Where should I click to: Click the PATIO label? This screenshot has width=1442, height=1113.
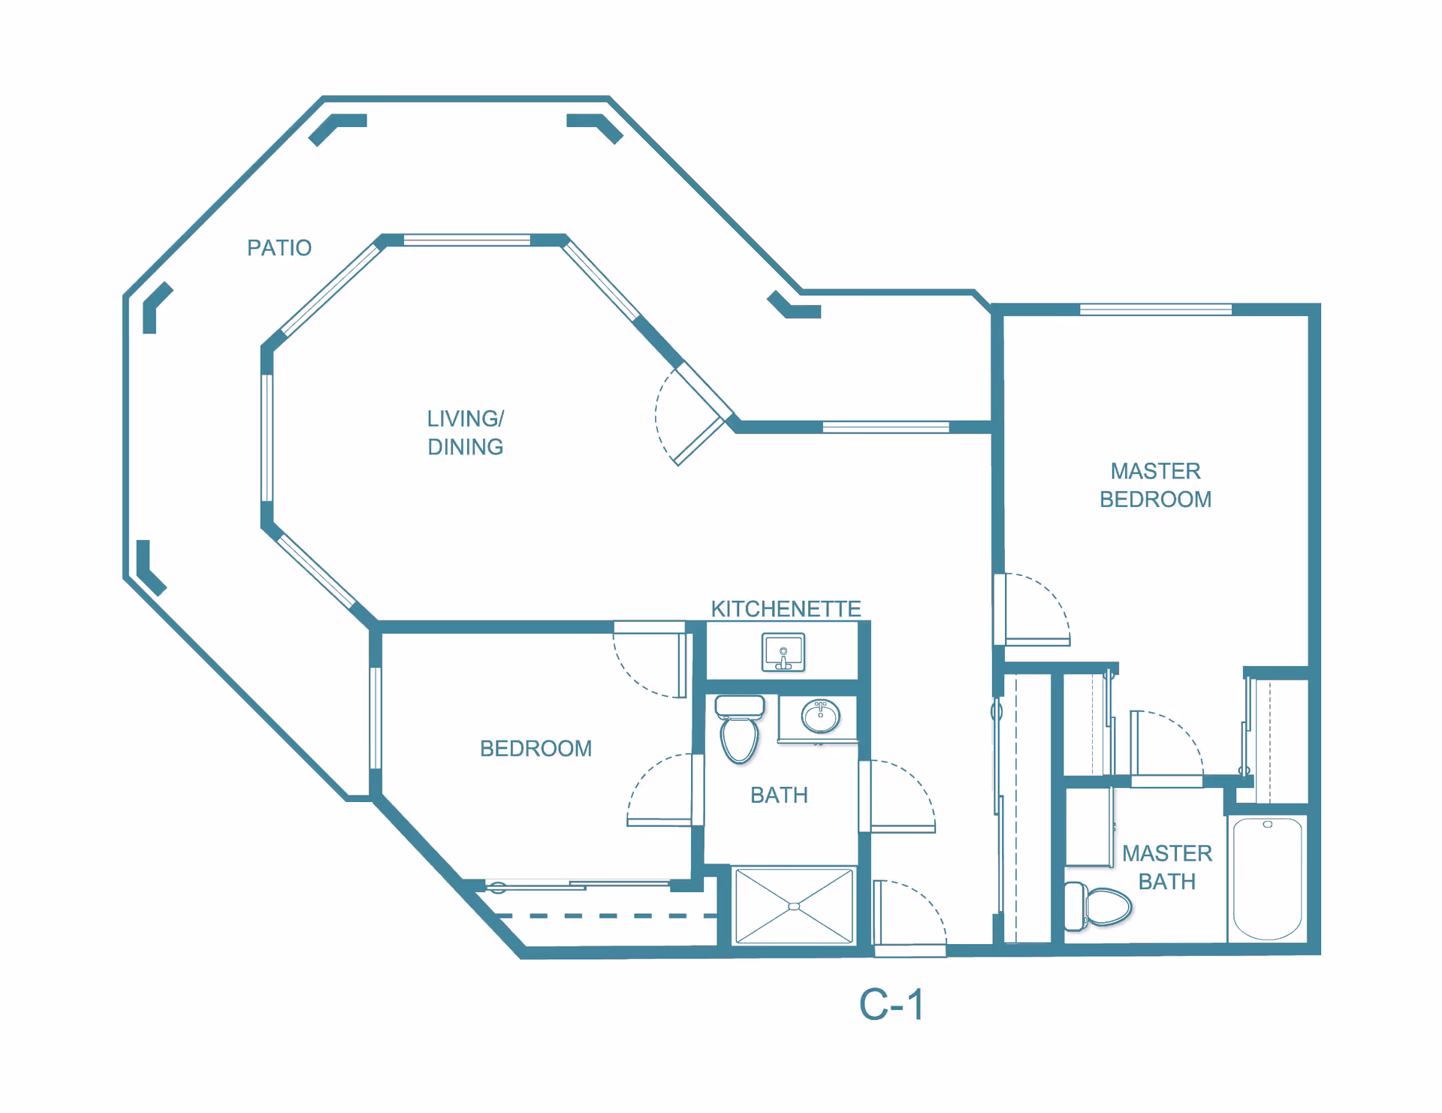click(279, 248)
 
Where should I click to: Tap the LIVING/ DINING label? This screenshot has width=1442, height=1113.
click(466, 433)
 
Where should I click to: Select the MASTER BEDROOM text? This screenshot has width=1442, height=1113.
click(1155, 485)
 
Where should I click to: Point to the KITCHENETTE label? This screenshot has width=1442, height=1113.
click(786, 608)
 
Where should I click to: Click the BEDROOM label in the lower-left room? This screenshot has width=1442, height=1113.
click(535, 749)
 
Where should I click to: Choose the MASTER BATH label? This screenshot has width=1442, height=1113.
click(1167, 867)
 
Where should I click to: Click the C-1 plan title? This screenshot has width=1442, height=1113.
click(891, 1005)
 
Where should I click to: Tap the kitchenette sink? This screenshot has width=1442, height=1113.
click(783, 652)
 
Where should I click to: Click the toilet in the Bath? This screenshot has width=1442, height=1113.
click(740, 728)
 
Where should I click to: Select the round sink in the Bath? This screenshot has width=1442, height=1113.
click(820, 716)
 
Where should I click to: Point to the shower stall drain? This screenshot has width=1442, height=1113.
click(794, 906)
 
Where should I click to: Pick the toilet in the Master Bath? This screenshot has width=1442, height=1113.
click(1098, 906)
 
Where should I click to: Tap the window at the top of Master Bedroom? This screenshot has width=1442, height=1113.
click(1156, 309)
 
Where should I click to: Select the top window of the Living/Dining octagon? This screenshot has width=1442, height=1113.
click(467, 240)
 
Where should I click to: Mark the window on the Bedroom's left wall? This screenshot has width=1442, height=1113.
click(375, 718)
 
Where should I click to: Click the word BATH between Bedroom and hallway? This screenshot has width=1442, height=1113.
click(779, 795)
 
